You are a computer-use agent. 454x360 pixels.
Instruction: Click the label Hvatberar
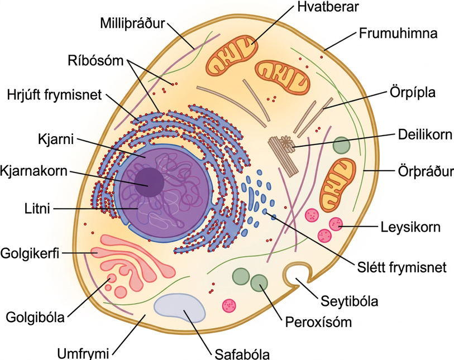point(328,6)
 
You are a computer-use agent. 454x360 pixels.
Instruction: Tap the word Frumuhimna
point(398,33)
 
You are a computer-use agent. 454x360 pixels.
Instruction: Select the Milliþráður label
point(132,23)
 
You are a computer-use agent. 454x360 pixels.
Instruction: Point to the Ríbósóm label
point(95,60)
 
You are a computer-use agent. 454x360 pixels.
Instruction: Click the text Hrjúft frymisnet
point(54,95)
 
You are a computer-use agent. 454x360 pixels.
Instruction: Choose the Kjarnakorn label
point(34,171)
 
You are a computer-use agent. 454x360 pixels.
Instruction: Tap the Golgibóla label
point(35,317)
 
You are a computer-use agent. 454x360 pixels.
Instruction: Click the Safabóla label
point(242,354)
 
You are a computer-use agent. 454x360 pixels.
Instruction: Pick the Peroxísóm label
point(318,322)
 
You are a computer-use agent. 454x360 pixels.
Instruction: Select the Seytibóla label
point(349,301)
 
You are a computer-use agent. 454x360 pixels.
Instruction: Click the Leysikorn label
point(410,227)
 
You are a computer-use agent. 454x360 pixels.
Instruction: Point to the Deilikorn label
point(425,135)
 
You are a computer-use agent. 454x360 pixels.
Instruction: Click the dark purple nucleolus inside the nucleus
point(150,183)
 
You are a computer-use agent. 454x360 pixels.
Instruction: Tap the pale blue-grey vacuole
point(179,308)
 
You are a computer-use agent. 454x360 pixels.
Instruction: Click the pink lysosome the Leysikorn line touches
point(336,224)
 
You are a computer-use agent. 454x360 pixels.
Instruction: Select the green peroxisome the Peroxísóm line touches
point(259,283)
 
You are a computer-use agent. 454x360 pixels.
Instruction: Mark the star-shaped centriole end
point(287,143)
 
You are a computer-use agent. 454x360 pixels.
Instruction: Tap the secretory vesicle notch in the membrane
point(295,273)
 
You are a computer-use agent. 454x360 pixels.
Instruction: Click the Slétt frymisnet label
point(402,267)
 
